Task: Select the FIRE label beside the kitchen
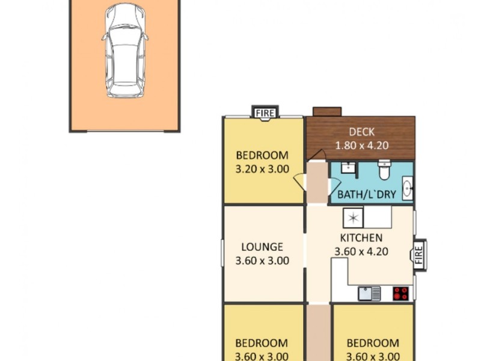point(419,252)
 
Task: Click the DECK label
point(362,132)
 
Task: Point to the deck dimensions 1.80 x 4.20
point(362,144)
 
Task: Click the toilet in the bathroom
point(384,170)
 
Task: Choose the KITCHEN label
point(361,238)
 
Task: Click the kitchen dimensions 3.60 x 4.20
point(361,251)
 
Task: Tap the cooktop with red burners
point(400,293)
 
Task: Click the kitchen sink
point(369,293)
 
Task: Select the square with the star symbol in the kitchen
point(353,217)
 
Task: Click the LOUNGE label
point(262,247)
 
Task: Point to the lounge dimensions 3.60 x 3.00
point(262,261)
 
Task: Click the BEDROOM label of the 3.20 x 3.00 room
point(262,155)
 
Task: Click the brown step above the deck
point(327,111)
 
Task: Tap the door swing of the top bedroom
point(299,182)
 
